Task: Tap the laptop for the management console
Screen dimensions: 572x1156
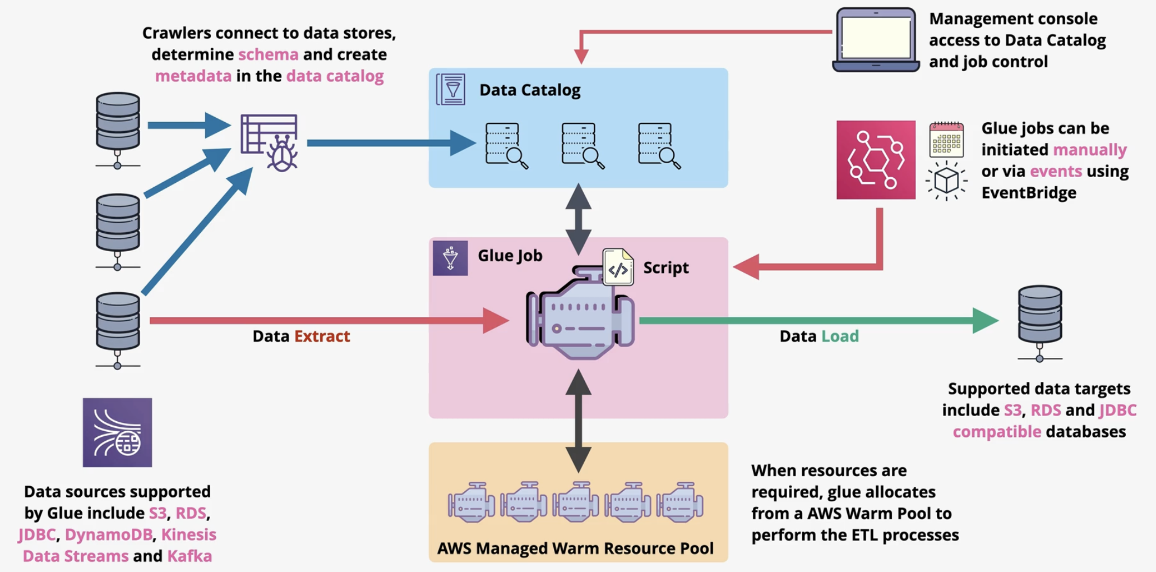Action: tap(876, 39)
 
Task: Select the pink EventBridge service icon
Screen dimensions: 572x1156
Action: tap(876, 160)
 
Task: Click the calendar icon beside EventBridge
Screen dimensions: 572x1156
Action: tap(946, 140)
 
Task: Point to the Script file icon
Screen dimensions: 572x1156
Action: tap(618, 267)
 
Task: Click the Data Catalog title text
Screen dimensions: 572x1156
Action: tap(530, 90)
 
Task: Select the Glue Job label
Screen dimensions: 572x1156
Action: tap(510, 256)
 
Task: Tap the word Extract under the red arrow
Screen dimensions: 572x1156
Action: tap(322, 336)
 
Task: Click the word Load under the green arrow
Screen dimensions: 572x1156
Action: tap(840, 336)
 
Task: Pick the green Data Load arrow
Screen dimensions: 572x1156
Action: tap(813, 320)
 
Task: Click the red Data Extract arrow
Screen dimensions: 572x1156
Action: tap(325, 320)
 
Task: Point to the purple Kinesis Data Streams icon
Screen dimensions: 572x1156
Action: tap(117, 432)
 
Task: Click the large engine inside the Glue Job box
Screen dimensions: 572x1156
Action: tap(580, 317)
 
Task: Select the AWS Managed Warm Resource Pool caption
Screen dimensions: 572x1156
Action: tap(575, 548)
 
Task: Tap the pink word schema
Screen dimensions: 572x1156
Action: tap(268, 54)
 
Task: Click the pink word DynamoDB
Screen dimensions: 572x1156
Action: tap(109, 534)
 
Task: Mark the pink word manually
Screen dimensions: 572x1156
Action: tap(1089, 150)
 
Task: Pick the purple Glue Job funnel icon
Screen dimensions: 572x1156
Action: tap(450, 258)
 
